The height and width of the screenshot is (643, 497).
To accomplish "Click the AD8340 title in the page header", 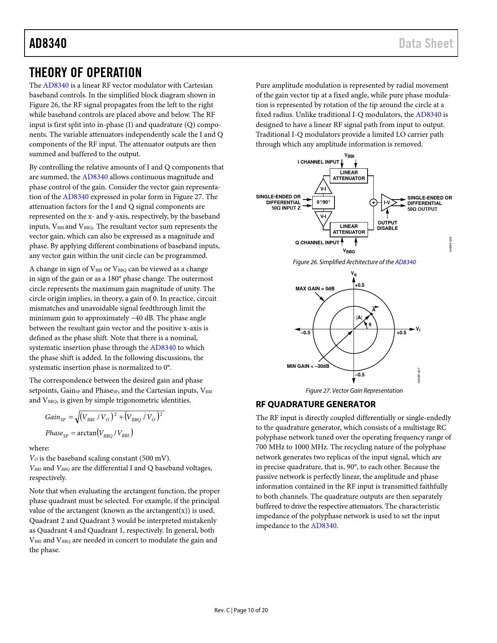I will click(x=48, y=43).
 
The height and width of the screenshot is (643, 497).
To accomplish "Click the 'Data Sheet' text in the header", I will click(x=426, y=43).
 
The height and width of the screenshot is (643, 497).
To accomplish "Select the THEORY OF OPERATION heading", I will click(x=85, y=73).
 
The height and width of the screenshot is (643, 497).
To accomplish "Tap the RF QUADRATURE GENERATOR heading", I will click(x=316, y=404).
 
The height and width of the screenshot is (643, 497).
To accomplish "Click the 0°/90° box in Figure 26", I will click(x=323, y=202).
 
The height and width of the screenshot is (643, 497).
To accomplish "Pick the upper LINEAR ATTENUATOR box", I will click(x=349, y=176).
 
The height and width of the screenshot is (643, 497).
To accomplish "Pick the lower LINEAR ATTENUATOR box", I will click(x=349, y=229).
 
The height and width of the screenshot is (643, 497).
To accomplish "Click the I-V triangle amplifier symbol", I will click(x=388, y=203).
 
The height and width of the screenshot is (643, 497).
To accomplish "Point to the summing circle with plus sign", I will click(x=373, y=203).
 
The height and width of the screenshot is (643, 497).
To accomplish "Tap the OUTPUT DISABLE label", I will click(x=387, y=226).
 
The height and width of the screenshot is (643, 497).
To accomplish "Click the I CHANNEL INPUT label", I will click(x=318, y=162).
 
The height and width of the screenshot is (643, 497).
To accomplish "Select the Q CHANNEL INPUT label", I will click(x=317, y=243).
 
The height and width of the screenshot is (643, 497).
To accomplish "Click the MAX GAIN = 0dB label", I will click(x=315, y=289).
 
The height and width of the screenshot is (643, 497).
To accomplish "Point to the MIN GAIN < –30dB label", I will click(x=308, y=366).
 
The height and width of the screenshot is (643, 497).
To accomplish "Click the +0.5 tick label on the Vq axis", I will click(x=360, y=285).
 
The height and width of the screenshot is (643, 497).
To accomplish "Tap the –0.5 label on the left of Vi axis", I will click(x=305, y=333).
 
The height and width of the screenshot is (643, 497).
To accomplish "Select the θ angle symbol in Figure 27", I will click(x=370, y=325).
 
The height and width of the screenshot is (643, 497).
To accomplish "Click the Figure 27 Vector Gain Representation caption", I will click(x=354, y=391).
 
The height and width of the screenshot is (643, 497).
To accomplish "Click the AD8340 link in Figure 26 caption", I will click(x=405, y=262).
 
